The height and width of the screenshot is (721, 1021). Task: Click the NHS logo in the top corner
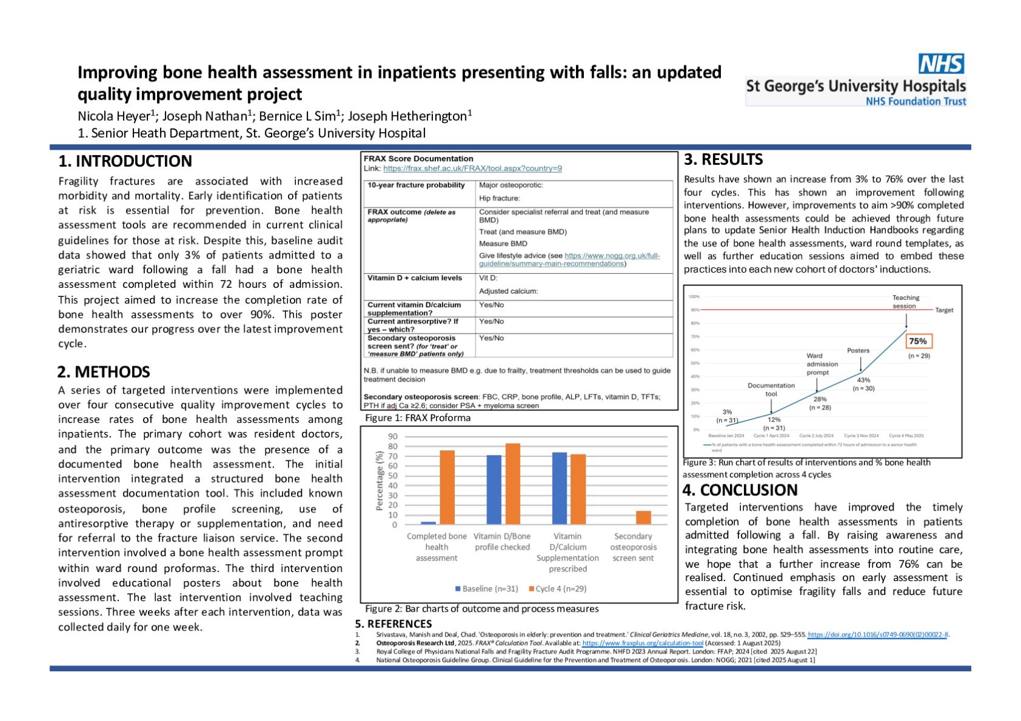(x=941, y=64)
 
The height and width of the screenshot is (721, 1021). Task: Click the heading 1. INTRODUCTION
(x=125, y=161)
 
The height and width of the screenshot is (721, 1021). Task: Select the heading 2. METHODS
(x=104, y=372)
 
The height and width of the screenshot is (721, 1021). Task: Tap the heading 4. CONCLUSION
(x=740, y=490)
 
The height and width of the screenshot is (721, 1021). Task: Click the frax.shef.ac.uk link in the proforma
(x=472, y=169)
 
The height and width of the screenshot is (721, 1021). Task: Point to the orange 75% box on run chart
(x=917, y=341)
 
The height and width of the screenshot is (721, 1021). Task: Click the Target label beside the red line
(x=944, y=310)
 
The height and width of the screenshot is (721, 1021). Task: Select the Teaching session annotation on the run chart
(x=905, y=302)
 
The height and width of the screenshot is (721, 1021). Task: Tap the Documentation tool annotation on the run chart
(x=771, y=389)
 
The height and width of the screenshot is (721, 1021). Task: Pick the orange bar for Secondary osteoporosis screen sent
(x=643, y=517)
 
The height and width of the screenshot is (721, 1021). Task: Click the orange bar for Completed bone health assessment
(x=447, y=487)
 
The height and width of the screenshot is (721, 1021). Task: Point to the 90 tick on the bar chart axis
(x=393, y=436)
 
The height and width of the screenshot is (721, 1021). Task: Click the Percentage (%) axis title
(x=380, y=481)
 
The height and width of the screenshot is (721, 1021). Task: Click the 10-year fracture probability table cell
(x=416, y=186)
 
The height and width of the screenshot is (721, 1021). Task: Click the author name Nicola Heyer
(x=114, y=116)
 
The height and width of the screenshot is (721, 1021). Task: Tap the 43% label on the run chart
(x=863, y=380)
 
